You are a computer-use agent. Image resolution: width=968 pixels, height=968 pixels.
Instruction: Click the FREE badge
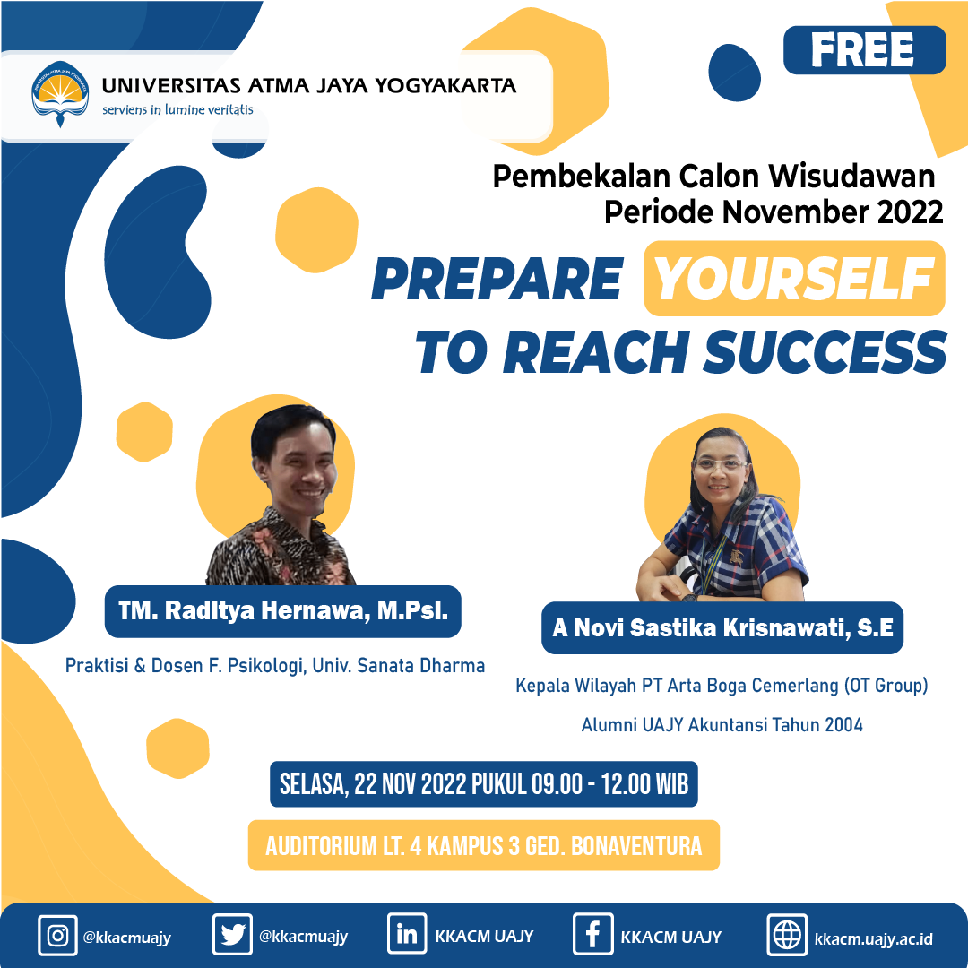(x=864, y=50)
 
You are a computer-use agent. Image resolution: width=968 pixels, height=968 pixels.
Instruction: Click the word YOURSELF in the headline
(x=794, y=279)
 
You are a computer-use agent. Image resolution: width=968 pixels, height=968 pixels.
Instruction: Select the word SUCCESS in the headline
(x=825, y=352)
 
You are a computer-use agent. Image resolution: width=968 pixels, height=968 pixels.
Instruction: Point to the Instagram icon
(x=57, y=936)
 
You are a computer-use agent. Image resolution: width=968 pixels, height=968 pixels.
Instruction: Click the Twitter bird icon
(x=232, y=935)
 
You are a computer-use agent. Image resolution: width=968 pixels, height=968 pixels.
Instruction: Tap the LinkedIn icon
(x=407, y=934)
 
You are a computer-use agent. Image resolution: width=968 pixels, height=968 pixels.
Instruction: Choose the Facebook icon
(x=592, y=935)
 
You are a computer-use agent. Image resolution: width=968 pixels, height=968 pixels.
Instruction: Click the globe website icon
(x=787, y=935)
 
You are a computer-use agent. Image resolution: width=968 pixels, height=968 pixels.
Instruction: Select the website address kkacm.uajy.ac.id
(x=873, y=939)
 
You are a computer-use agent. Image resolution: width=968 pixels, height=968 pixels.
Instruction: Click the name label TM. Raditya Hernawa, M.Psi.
(x=282, y=611)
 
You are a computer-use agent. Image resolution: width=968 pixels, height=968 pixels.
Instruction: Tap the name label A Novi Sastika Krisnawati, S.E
(x=722, y=627)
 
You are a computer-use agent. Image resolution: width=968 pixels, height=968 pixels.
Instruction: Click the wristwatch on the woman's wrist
(x=688, y=597)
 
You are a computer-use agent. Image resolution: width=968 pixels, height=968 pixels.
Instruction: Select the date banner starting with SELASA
(x=484, y=784)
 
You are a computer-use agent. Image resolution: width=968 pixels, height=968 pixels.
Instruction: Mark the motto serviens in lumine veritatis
(x=177, y=110)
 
